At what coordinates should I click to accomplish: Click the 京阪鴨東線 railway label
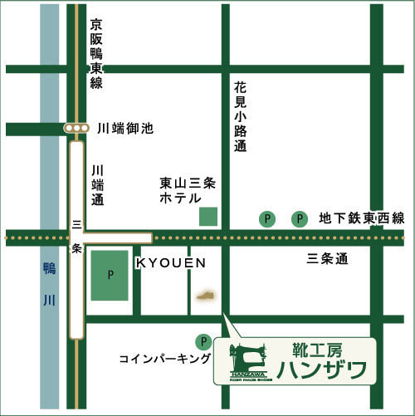click(x=96, y=53)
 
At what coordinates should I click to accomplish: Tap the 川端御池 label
click(x=125, y=129)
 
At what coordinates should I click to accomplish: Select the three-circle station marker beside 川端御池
click(x=77, y=129)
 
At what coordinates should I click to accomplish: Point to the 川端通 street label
click(x=97, y=184)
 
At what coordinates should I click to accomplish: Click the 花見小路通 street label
click(x=241, y=117)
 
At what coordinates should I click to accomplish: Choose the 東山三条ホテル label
click(x=190, y=190)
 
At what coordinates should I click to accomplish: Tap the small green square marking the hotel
click(x=207, y=217)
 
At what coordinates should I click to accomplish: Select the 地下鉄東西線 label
click(x=362, y=218)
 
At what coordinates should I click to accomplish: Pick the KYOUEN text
click(x=170, y=262)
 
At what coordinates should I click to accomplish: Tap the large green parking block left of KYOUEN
click(x=110, y=274)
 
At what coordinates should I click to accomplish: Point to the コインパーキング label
click(x=164, y=358)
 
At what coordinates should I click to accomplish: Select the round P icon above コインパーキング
click(x=203, y=341)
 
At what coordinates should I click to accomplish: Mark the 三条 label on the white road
click(x=76, y=236)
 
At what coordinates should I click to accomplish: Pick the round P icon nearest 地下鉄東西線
click(x=298, y=219)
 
